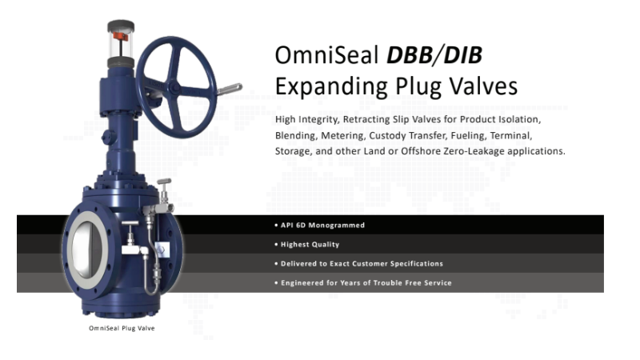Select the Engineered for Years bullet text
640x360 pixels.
(x=362, y=282)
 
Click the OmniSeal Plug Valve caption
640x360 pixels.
(x=121, y=329)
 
